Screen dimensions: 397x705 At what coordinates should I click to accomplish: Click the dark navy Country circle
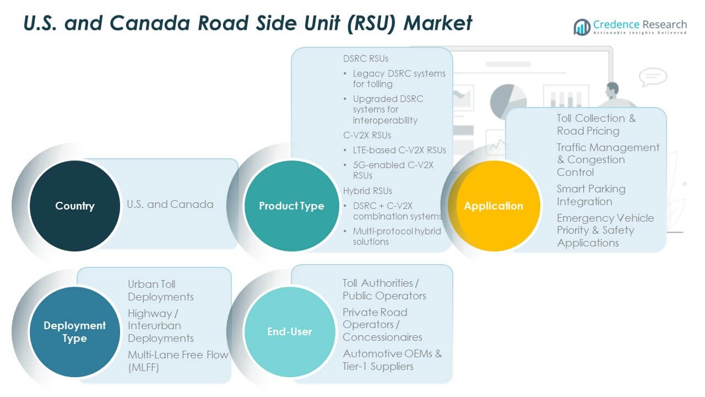click(x=74, y=206)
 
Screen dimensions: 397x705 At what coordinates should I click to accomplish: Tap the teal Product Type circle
click(x=291, y=206)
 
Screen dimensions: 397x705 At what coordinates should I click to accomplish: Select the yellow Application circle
click(x=493, y=206)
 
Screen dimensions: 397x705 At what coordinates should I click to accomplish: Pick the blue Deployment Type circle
click(x=74, y=332)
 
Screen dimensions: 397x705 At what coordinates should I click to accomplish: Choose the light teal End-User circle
click(x=290, y=331)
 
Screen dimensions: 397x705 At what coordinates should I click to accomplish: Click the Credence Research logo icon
click(x=582, y=26)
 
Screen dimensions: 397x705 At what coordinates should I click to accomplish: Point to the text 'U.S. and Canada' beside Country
click(x=170, y=204)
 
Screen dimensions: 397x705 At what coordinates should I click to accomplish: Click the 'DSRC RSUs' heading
click(x=366, y=58)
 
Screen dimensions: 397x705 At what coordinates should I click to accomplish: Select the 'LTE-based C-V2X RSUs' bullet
click(x=399, y=150)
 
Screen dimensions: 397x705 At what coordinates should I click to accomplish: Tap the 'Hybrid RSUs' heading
click(x=367, y=191)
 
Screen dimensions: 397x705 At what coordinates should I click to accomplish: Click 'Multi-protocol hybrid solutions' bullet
click(x=397, y=236)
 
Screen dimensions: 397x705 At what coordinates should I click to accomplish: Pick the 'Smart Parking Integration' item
click(x=590, y=195)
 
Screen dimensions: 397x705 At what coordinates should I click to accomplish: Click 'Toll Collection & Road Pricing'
click(x=595, y=125)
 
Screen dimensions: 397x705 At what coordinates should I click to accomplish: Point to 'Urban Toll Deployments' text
click(x=160, y=291)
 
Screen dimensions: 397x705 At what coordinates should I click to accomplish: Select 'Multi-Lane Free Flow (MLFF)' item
click(x=177, y=361)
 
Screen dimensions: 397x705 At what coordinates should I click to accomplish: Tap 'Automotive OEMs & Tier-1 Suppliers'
click(x=392, y=360)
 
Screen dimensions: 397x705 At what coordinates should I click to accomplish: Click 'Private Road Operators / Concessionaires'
click(x=382, y=324)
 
